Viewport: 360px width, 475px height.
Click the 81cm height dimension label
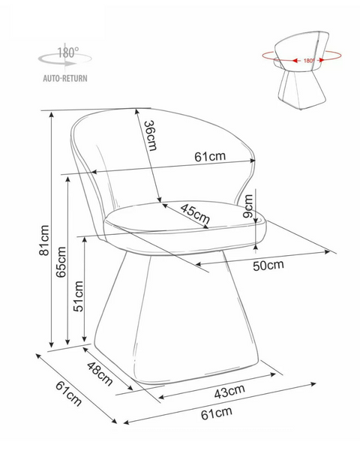44,240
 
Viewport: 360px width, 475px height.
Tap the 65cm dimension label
61,262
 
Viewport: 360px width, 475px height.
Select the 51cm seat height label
79,296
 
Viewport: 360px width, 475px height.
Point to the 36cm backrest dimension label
151,136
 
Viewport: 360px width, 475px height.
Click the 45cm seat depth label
195,214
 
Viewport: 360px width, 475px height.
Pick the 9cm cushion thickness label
247,206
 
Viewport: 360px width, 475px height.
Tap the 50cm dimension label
268,266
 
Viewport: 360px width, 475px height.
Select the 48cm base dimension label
100,374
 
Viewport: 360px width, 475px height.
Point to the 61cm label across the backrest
210,156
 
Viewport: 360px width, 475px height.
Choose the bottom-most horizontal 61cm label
217,413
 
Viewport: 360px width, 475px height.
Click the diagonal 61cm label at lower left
69,393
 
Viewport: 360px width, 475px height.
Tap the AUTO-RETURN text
65,78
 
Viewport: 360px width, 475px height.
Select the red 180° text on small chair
309,61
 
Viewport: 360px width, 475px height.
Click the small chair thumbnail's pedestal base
301,88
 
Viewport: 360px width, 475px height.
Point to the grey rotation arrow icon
64,59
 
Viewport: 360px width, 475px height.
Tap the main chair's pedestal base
176,317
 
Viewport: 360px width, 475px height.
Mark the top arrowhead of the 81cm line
52,113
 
